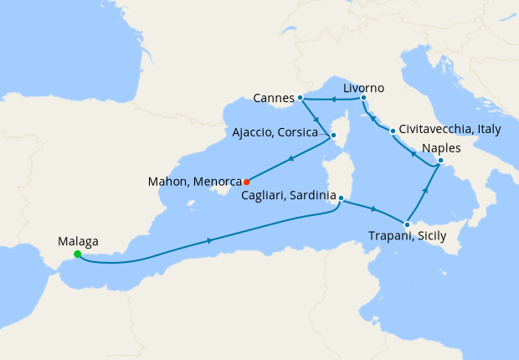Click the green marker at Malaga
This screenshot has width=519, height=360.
tap(78, 255)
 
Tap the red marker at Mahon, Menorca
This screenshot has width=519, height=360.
tap(246, 181)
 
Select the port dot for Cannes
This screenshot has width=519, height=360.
tap(300, 98)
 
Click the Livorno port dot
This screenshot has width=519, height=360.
tap(363, 99)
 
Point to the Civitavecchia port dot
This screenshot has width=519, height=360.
tap(392, 131)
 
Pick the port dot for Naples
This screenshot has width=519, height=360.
tap(440, 161)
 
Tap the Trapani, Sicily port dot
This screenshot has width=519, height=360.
tap(406, 224)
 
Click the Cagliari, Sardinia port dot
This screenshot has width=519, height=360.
tap(341, 198)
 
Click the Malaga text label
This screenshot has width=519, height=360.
tap(79, 241)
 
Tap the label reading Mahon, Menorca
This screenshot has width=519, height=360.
tap(193, 181)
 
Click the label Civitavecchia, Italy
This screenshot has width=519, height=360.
tap(450, 131)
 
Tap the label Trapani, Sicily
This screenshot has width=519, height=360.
tap(407, 237)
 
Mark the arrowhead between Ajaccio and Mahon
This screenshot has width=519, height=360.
tap(290, 158)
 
